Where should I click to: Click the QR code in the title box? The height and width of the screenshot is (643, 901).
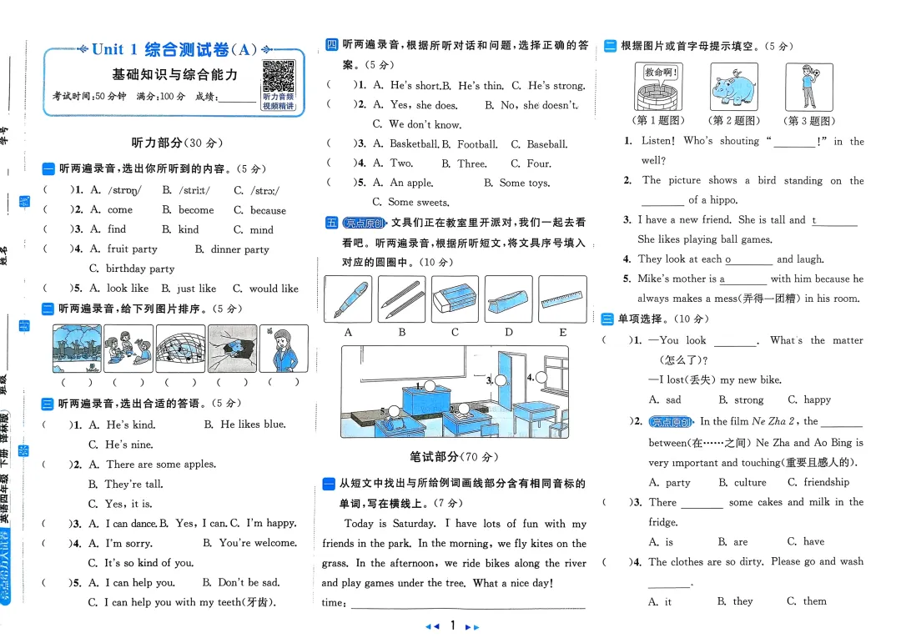[279, 77]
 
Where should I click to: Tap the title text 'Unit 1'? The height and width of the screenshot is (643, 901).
[115, 49]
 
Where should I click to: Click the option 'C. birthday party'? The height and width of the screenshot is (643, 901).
[132, 269]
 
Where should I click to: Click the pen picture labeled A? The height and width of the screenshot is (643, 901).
[348, 299]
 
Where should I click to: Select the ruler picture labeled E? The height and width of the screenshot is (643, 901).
[563, 299]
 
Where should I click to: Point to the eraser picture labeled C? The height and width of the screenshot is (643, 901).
[456, 299]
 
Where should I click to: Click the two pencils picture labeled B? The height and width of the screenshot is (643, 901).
[401, 299]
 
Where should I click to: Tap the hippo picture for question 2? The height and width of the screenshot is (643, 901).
[733, 86]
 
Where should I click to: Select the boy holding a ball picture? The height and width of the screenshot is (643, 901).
[808, 86]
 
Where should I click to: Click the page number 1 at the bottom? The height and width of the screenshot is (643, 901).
[451, 625]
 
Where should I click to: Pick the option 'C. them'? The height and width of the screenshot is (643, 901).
[807, 600]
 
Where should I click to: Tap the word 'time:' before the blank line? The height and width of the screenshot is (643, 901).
[334, 602]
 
